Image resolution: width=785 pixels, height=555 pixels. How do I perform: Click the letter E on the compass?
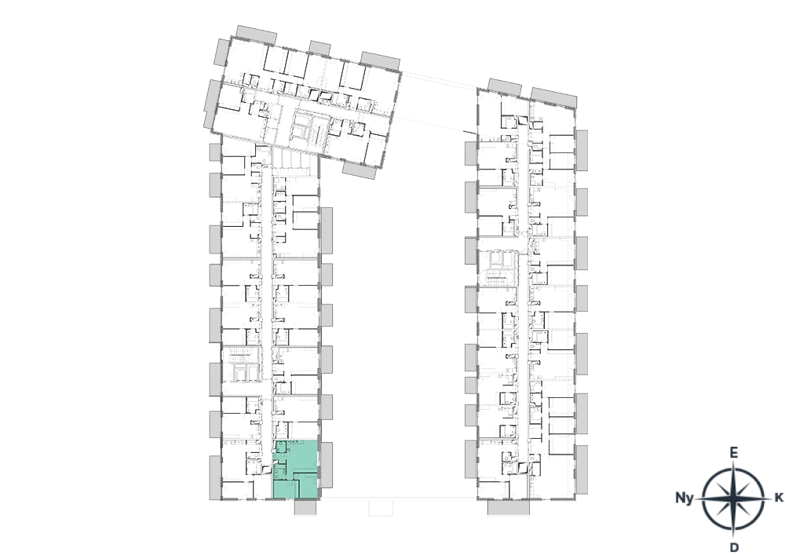pos(733,453)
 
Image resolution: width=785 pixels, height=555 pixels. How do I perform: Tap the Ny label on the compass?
pos(685,498)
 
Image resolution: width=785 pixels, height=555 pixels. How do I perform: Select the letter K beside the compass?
pos(779,498)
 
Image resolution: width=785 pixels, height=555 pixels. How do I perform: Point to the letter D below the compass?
pos(734,546)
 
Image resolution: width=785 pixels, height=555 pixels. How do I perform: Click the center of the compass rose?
pos(733,499)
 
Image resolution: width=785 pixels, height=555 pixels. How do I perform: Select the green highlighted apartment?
pos(296,469)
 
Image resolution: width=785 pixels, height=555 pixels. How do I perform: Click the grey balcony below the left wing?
pos(305,507)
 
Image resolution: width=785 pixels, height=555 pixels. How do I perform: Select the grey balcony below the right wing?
pos(508,507)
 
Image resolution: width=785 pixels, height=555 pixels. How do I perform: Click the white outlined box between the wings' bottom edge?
pos(381,508)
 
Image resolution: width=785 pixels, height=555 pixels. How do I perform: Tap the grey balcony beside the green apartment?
pos(327,465)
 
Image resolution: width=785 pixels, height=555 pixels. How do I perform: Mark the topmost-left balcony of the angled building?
pos(257,35)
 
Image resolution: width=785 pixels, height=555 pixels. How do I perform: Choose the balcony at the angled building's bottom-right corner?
pos(359,170)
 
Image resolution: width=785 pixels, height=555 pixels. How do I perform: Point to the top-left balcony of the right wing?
pos(505,87)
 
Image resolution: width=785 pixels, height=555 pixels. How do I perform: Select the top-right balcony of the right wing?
pos(553,97)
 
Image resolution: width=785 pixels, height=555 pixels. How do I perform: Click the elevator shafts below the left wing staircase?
pos(241,372)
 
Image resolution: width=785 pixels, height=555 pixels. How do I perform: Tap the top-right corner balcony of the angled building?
pos(380,60)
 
